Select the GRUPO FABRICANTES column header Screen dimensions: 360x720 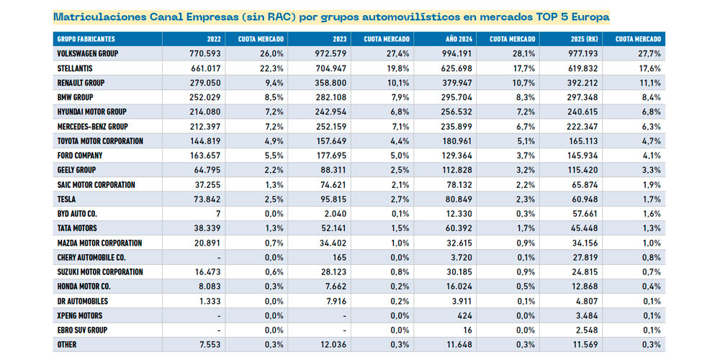click(86, 39)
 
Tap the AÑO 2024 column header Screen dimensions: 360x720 click(451, 39)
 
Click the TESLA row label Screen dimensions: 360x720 click(67, 199)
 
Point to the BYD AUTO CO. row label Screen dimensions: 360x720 click(77, 214)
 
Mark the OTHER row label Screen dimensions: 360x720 click(68, 345)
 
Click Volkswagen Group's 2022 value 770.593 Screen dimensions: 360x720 click(202, 53)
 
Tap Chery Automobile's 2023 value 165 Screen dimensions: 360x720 click(339, 258)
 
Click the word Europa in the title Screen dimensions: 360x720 click(591, 15)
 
